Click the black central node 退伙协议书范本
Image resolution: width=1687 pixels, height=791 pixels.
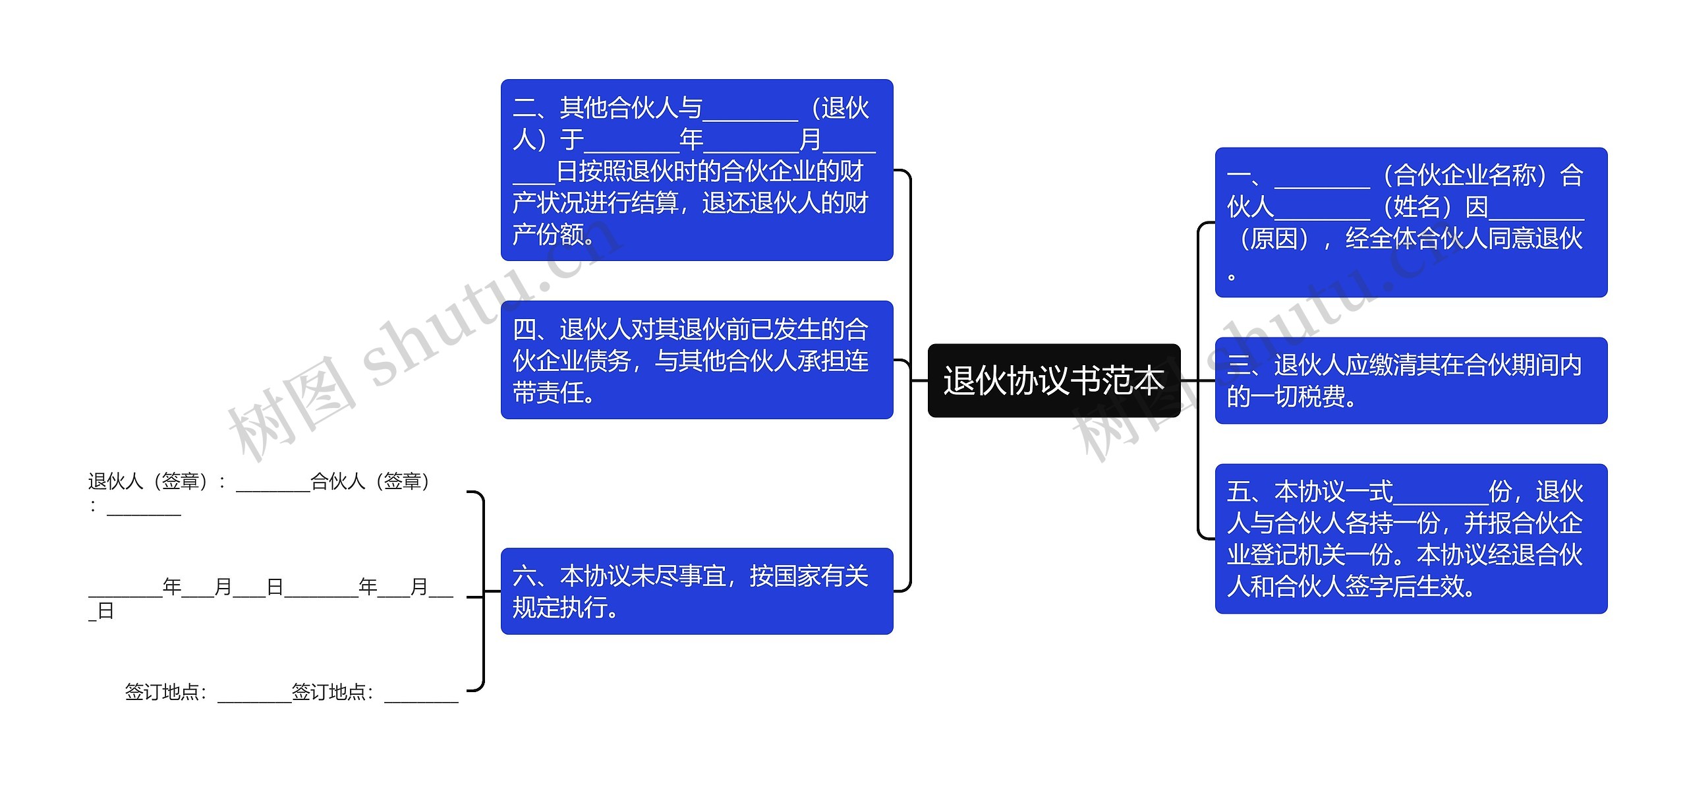coord(1053,380)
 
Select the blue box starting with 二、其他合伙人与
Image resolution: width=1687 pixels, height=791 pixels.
coord(697,169)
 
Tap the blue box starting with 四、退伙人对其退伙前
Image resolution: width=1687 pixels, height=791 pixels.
coord(697,360)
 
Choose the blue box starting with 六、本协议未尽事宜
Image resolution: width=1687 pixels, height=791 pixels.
coord(697,591)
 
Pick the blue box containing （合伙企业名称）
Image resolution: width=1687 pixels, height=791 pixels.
coord(1411,222)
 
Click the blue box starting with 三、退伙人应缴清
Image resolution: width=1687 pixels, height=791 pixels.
coord(1411,380)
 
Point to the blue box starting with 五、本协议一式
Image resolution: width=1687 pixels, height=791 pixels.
coord(1411,539)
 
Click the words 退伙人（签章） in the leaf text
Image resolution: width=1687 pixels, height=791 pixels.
coord(148,481)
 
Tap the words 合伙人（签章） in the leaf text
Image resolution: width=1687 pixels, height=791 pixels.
coord(370,481)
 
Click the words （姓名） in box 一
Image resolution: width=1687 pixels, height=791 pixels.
coord(1417,207)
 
